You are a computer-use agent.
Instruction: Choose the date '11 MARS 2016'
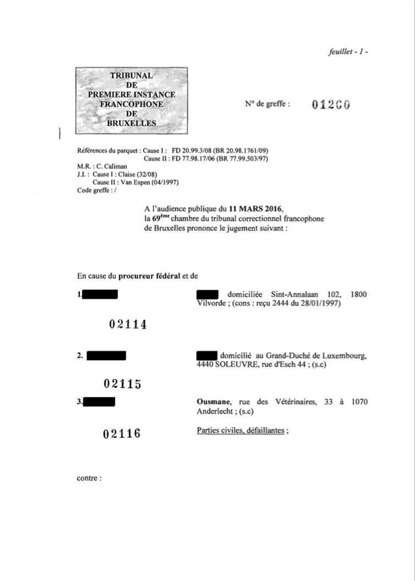coord(258,209)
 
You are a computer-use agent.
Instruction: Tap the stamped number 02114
coord(128,325)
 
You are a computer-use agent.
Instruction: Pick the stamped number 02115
coord(123,384)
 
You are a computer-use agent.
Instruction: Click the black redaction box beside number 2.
coord(107,356)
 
